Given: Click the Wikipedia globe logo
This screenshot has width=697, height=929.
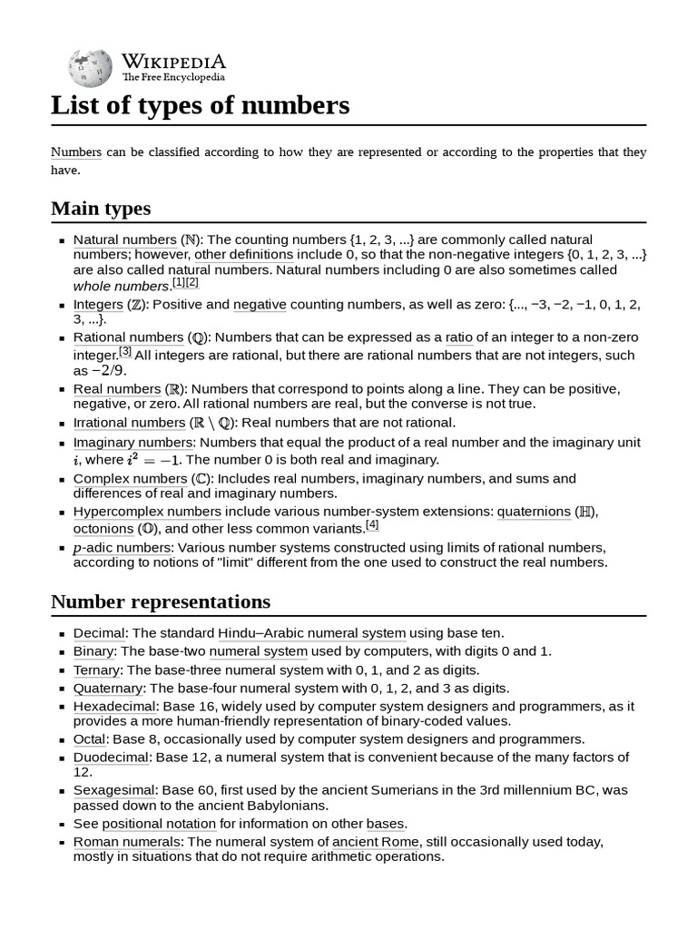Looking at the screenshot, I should [89, 67].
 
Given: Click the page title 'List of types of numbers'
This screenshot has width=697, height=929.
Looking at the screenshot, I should [200, 105].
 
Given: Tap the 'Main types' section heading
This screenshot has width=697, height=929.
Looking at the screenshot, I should [101, 209].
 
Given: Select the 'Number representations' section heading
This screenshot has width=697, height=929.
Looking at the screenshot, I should [160, 601].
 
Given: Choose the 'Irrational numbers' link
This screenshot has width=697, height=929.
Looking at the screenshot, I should [129, 423].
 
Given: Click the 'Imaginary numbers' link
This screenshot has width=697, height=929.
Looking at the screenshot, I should [133, 443].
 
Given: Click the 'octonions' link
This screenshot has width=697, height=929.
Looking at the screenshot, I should [103, 528].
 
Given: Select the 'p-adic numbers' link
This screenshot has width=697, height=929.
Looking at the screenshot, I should [122, 548].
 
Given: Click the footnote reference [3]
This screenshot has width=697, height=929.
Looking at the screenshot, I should [125, 351].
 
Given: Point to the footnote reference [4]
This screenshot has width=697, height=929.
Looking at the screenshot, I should [372, 525].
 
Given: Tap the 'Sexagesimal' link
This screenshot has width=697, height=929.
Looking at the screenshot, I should [114, 790].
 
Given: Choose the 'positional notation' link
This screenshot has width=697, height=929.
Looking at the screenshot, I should [159, 824].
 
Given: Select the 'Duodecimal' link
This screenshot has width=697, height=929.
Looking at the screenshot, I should [112, 757].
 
